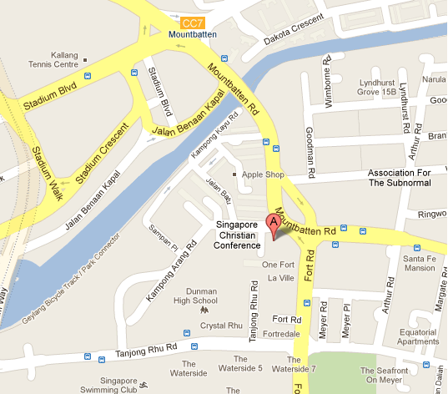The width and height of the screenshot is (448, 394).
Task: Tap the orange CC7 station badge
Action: (191, 23)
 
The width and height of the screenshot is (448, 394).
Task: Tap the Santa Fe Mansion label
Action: (419, 263)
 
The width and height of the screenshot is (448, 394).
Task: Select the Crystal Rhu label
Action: (221, 325)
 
